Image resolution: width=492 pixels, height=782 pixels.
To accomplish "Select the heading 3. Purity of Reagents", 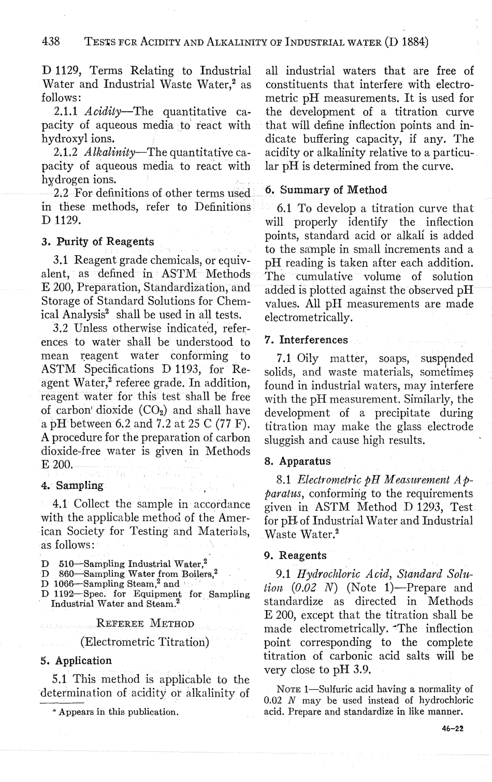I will point(98,242).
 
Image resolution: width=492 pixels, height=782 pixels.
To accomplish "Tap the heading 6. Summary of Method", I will point(326,190).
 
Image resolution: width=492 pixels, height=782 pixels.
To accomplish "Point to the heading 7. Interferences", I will point(306,340).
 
